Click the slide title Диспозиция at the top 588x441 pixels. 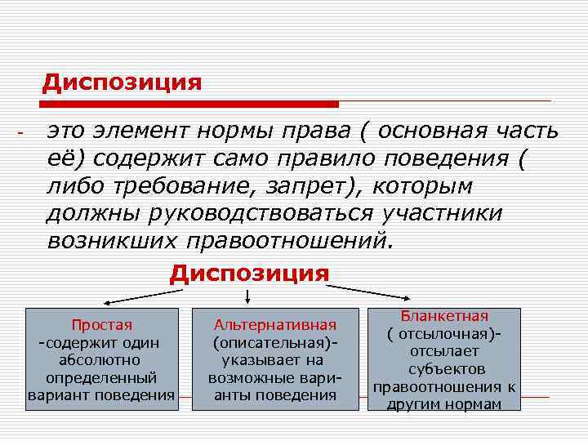[x=122, y=83]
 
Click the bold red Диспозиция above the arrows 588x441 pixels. [x=249, y=274]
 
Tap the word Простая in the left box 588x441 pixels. [x=101, y=324]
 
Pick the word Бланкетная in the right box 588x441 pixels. [x=444, y=316]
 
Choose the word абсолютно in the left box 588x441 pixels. [x=100, y=360]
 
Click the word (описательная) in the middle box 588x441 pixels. [x=274, y=342]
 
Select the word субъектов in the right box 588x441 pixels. [x=444, y=369]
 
